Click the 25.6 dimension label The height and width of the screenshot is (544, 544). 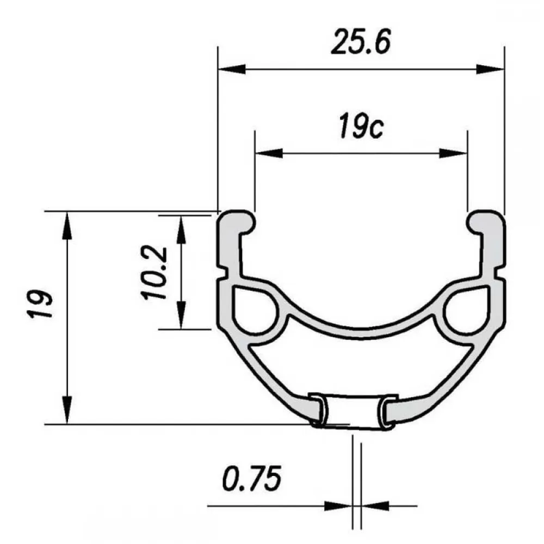pos(361,42)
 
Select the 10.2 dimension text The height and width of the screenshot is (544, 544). pos(154,273)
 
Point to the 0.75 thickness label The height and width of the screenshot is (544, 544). pos(251,478)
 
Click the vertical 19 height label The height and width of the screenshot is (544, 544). pos(40,304)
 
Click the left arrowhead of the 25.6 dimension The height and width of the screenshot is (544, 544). pos(232,69)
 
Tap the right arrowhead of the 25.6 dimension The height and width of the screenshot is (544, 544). pos(490,69)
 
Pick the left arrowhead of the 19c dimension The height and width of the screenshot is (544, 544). pos(269,153)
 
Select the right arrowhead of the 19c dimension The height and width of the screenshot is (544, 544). pos(453,153)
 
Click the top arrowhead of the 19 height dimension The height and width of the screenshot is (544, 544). pos(67,226)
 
